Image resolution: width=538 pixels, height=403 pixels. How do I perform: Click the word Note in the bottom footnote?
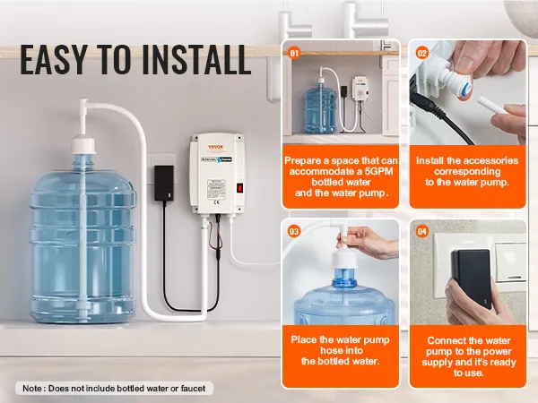(x=32, y=388)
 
